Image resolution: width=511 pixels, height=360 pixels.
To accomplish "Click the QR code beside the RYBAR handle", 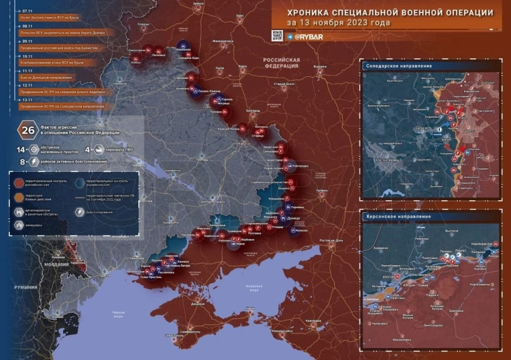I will coord(277,35).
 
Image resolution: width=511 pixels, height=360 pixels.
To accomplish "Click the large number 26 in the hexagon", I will coord(28,130).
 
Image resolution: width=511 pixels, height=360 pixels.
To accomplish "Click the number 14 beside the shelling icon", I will coord(21,149).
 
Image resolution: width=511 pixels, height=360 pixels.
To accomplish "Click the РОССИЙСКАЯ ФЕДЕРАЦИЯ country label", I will coord(281,63).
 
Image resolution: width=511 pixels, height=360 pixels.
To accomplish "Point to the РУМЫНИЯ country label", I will coord(26,287).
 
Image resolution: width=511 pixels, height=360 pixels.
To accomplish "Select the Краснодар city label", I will coord(313,321).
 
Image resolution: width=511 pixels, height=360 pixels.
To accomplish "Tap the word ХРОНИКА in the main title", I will coord(311,13).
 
